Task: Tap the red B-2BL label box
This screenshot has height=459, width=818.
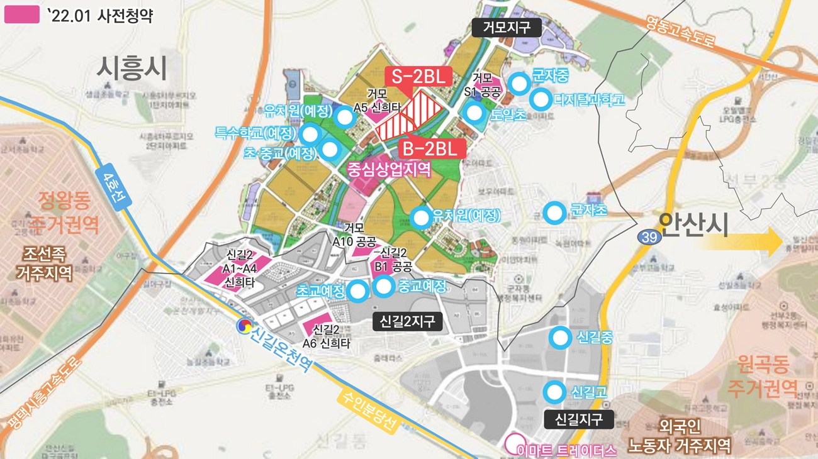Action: (x=432, y=148)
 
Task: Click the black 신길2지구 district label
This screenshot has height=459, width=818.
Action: (x=407, y=322)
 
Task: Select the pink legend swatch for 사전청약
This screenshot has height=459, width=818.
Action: (x=22, y=15)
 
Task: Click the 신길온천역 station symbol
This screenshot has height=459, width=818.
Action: (x=243, y=326)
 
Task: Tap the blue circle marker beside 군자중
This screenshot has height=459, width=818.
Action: (x=518, y=83)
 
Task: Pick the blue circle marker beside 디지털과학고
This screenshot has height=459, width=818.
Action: (x=540, y=99)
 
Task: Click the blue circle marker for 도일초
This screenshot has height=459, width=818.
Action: (x=474, y=113)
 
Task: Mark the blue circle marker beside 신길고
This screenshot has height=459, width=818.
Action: (x=554, y=393)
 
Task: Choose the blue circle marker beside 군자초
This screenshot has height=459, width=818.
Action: (x=554, y=213)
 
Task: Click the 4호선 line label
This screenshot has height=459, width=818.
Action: (x=112, y=187)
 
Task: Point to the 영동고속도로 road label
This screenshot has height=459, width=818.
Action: (x=681, y=31)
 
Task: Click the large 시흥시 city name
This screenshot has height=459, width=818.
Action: (x=132, y=68)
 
